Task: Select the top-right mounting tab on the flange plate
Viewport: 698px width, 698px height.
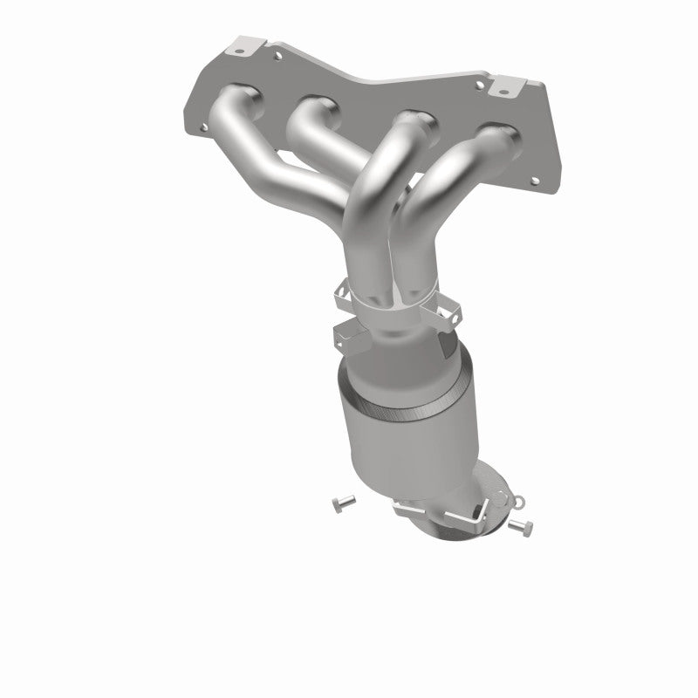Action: (505, 87)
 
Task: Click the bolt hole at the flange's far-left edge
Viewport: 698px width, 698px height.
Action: (203, 127)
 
